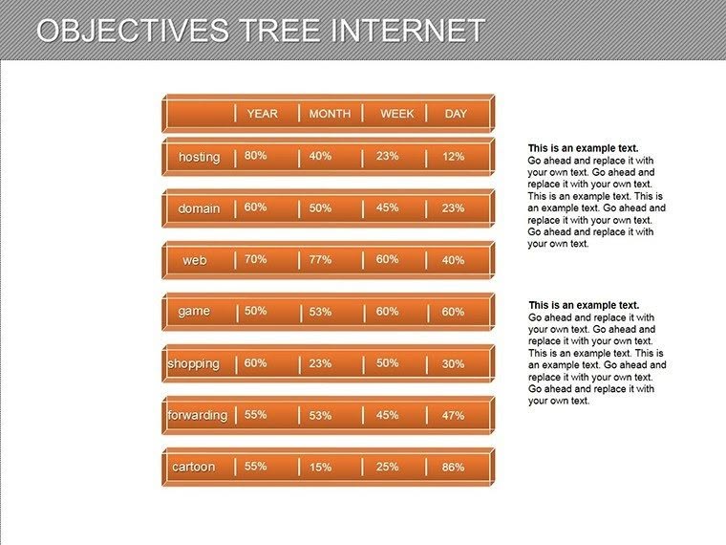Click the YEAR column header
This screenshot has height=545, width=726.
click(262, 114)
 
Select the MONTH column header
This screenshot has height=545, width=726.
click(330, 114)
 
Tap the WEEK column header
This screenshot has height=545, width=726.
click(397, 114)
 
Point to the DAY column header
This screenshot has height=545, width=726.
click(456, 114)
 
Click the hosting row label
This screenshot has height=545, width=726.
click(199, 157)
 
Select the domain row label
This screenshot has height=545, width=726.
click(199, 208)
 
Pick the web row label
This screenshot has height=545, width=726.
click(195, 260)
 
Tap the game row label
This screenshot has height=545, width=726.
click(194, 312)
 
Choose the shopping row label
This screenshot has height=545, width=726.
click(193, 363)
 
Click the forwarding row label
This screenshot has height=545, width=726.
click(197, 415)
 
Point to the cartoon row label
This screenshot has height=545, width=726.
click(193, 467)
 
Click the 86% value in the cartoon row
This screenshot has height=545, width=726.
click(453, 468)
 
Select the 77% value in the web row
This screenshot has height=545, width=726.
click(320, 259)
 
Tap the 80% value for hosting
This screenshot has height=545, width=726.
click(255, 155)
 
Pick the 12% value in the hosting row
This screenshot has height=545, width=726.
click(453, 157)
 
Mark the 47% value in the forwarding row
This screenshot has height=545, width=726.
click(453, 416)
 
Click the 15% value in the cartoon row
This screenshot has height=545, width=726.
click(320, 468)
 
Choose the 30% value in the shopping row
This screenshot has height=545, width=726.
click(453, 364)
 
